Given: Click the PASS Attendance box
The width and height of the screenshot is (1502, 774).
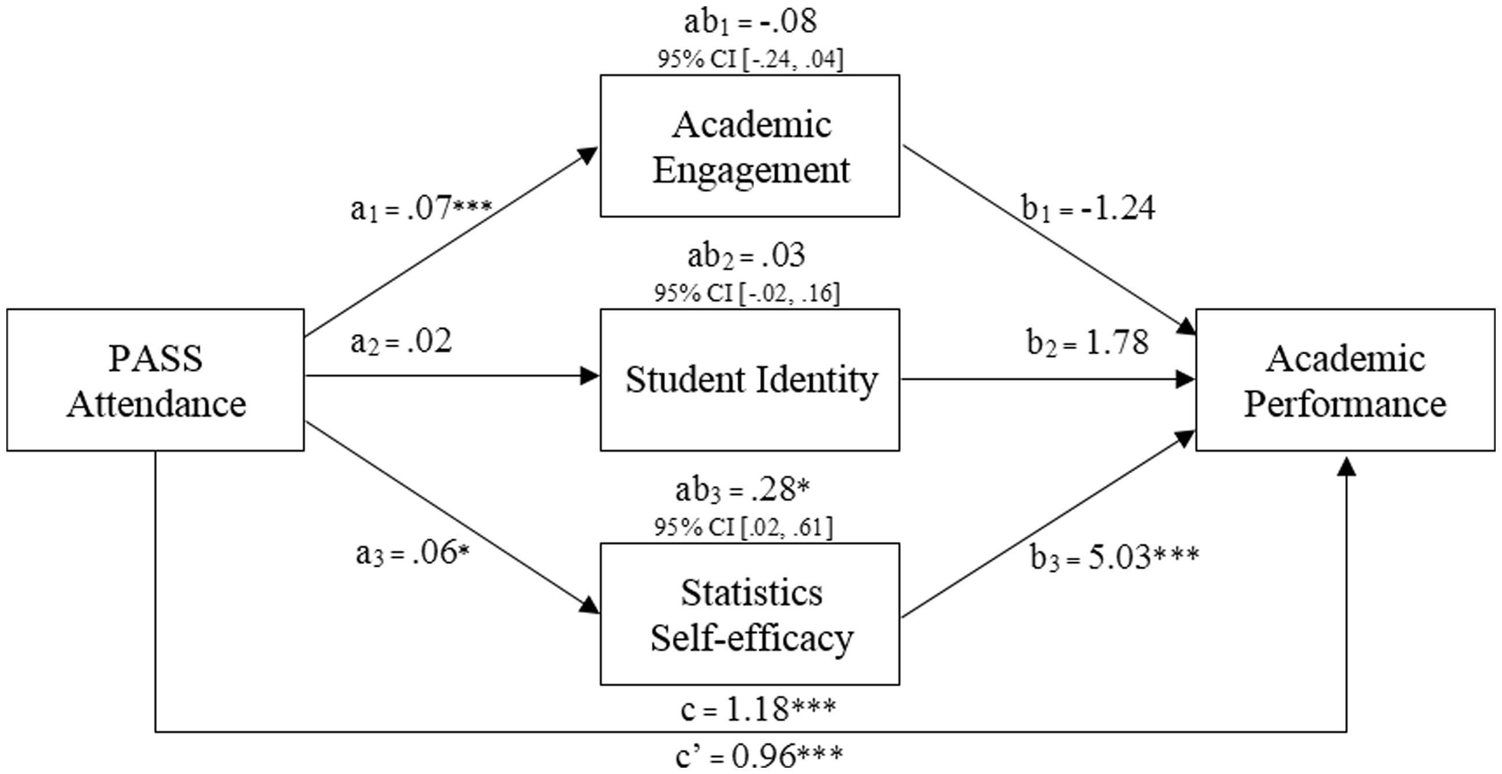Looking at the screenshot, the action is [x=156, y=380].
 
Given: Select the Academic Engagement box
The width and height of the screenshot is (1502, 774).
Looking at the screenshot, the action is [x=750, y=146].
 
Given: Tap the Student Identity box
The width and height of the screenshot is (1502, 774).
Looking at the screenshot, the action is [x=750, y=380].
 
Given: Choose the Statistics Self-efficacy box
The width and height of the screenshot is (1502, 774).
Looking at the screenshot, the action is [x=750, y=614].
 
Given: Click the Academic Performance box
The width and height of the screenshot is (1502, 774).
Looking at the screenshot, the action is [x=1346, y=380].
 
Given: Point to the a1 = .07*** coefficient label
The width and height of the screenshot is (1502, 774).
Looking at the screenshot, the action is [x=422, y=209].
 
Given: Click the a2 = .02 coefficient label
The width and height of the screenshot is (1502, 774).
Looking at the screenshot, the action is [x=401, y=342].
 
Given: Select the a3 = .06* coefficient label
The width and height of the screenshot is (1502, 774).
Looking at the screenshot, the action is [x=413, y=554].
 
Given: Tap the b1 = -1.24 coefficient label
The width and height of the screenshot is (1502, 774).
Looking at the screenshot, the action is [x=1088, y=209].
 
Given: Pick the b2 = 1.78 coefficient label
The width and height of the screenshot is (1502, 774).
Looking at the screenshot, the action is [x=1087, y=342].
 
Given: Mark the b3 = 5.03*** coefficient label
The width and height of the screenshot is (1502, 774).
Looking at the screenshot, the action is [x=1115, y=557].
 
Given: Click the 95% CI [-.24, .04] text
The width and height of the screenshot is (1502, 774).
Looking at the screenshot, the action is [x=750, y=59].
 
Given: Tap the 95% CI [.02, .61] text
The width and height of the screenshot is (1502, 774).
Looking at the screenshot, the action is [x=744, y=528].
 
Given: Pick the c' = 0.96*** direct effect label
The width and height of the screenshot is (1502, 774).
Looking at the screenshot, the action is [x=759, y=756].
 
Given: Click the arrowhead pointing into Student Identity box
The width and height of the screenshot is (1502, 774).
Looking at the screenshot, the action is [x=590, y=376].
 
